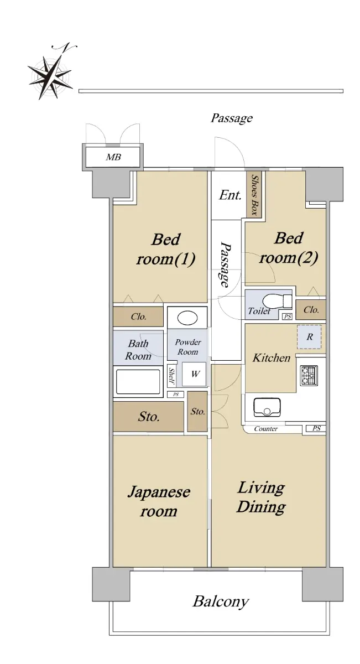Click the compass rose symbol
(50, 74)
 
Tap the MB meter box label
(113, 157)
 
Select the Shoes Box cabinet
(254, 194)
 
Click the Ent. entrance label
(230, 195)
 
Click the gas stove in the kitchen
(309, 376)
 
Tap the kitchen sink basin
(267, 407)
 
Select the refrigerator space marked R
(309, 337)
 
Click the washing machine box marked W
(194, 374)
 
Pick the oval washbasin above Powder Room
(187, 318)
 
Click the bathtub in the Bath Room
(138, 381)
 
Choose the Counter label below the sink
(266, 429)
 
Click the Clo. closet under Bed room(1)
(138, 317)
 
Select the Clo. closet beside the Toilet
(311, 310)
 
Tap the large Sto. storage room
(148, 417)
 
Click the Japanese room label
(159, 501)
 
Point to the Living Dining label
(261, 497)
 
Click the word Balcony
(221, 602)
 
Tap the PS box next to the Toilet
(287, 317)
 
